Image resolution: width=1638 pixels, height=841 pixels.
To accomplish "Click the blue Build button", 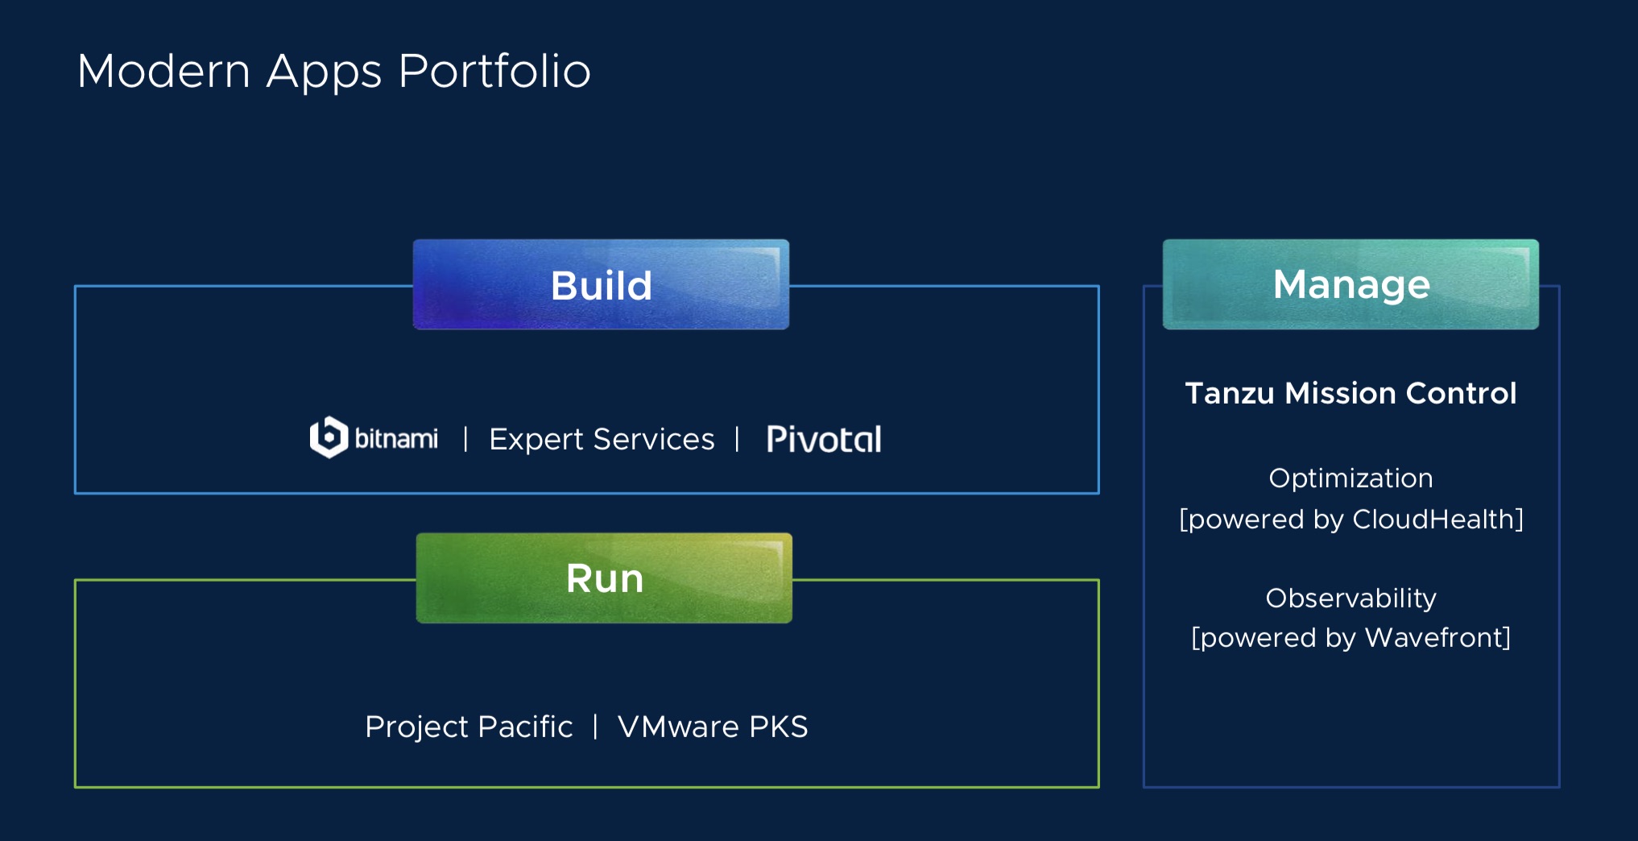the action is coord(601,284).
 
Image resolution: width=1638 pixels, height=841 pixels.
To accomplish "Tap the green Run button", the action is coord(604,578).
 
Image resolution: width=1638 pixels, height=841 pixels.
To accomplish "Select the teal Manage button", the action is coord(1351,284).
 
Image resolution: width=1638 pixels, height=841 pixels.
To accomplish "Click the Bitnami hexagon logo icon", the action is coord(329,437).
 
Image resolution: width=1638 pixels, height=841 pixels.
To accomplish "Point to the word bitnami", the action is coord(396,438).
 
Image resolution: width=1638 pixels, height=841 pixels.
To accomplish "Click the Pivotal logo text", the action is coord(824,439).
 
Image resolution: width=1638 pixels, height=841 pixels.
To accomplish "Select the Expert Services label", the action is coord(602,440).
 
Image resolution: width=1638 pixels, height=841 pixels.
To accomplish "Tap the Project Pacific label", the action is coord(469,727).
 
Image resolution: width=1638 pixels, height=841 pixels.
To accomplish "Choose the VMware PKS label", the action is coord(713,727).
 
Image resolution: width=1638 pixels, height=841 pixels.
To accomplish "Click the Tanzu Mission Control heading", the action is coord(1351,393).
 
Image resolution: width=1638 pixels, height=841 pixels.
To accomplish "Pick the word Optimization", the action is coord(1351,478).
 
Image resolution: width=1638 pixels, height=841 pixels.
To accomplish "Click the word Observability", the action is coord(1351,599).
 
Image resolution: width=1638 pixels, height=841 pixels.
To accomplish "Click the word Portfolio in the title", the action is coord(494,71).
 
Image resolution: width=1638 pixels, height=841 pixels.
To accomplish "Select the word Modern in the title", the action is coord(164,71).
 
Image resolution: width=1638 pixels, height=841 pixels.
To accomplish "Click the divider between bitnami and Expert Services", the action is coord(465,440).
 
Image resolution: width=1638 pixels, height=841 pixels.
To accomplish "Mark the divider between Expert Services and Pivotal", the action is coord(737,440).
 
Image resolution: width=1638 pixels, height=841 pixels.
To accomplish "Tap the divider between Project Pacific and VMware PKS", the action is coord(595,727).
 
